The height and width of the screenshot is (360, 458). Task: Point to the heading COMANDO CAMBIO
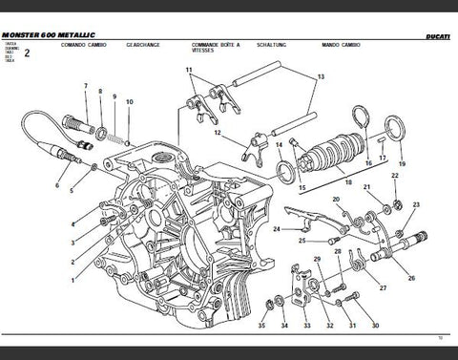click(x=83, y=45)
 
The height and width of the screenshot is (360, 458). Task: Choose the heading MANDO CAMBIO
click(x=365, y=45)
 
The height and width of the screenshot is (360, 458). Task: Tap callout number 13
click(x=321, y=76)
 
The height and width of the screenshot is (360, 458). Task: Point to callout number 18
click(x=348, y=181)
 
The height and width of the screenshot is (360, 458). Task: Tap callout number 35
click(x=261, y=327)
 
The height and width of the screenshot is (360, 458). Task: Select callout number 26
click(x=411, y=278)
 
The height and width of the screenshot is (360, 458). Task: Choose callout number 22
click(x=395, y=176)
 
